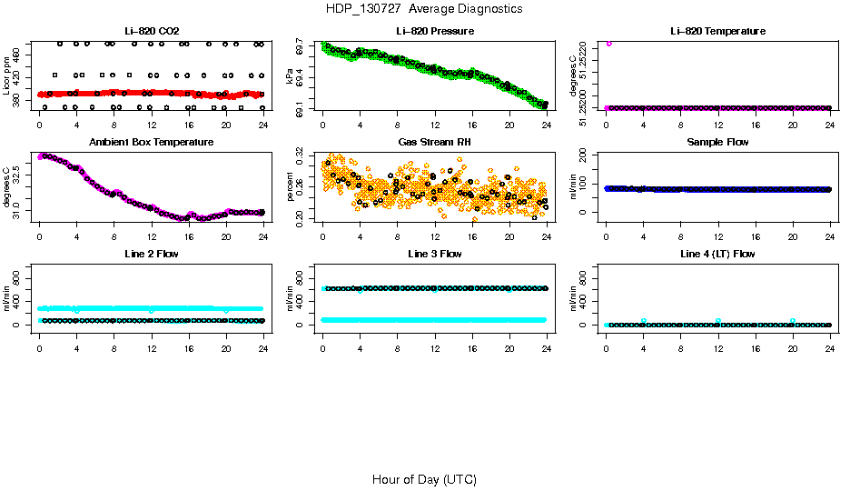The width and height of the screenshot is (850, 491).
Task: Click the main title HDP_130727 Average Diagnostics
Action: [x=424, y=9]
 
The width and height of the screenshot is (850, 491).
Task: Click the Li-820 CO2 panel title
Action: [x=152, y=32]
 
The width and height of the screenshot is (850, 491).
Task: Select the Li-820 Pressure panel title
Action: [x=435, y=32]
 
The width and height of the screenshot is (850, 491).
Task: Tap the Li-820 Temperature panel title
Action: [x=717, y=32]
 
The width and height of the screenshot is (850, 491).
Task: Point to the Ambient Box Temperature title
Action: [x=152, y=143]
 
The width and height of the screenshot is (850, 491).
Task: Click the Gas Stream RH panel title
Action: [x=435, y=143]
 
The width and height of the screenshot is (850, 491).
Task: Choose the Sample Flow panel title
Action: [x=717, y=143]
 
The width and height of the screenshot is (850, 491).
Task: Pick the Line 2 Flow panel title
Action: [x=152, y=254]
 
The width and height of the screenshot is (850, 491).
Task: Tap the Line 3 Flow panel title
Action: [x=435, y=254]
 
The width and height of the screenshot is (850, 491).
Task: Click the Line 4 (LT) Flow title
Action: [x=717, y=254]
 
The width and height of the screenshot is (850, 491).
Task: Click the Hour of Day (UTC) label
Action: [x=424, y=479]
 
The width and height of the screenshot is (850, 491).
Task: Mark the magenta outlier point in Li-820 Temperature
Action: [x=609, y=43]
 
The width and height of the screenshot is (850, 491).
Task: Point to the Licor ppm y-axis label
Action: [x=7, y=76]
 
